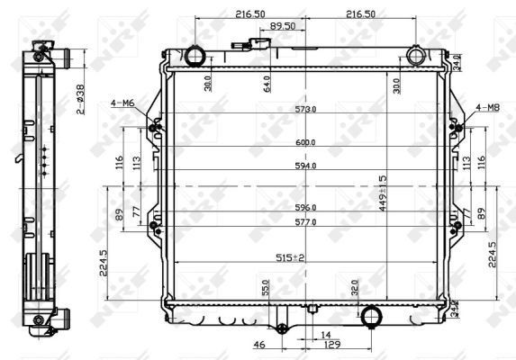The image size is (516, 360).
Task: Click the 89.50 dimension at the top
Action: pos(282,26)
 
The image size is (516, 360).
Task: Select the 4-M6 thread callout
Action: pos(122,105)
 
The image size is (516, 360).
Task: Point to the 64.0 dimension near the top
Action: pos(267,84)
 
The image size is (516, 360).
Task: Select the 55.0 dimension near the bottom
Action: pos(266,288)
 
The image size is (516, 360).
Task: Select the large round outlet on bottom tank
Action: pos(370,316)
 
